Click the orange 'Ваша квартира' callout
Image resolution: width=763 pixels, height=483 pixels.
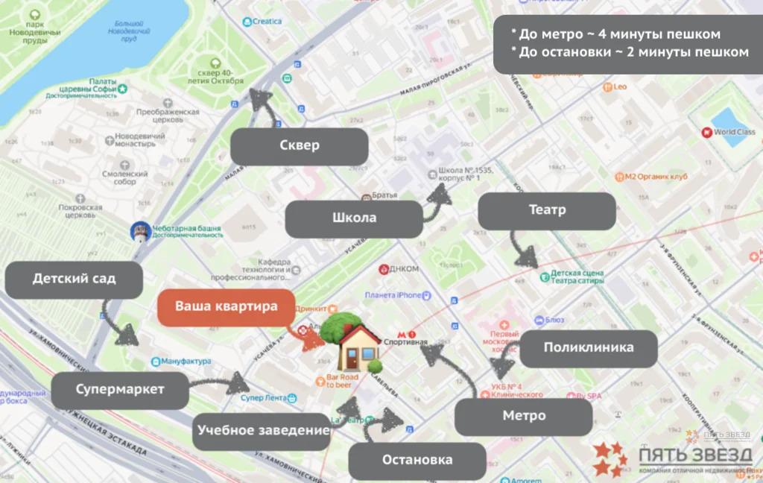[x=226, y=306]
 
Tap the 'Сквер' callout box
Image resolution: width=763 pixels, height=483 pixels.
[x=299, y=146]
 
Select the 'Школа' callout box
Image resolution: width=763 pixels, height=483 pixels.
[x=354, y=218]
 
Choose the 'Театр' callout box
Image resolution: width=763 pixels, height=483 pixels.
[x=546, y=211]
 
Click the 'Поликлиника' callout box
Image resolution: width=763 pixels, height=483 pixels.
[x=588, y=348]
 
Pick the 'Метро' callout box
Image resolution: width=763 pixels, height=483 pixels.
[x=523, y=416]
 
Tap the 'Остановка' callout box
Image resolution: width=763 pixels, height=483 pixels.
[x=417, y=460]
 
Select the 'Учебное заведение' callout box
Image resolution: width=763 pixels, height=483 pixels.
[x=262, y=431]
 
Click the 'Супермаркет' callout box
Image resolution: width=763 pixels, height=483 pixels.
[x=120, y=390]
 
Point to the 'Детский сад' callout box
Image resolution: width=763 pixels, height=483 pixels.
[x=74, y=280]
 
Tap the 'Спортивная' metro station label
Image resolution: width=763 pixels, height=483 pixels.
[x=406, y=342]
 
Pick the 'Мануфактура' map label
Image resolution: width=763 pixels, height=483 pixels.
[x=186, y=362]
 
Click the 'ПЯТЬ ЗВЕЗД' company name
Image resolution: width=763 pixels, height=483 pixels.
[x=694, y=454]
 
